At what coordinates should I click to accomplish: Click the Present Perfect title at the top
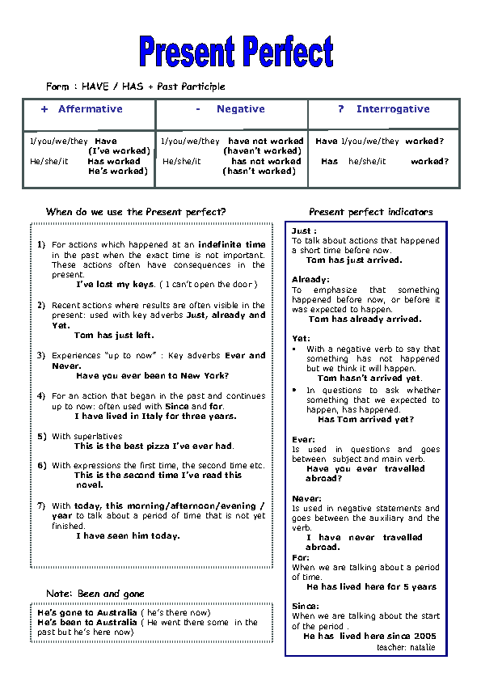pyautogui.click(x=236, y=51)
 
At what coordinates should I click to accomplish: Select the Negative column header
pyautogui.click(x=230, y=109)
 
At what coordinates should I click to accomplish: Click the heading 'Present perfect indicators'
pyautogui.click(x=370, y=212)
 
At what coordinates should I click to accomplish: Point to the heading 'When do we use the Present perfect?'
pyautogui.click(x=136, y=212)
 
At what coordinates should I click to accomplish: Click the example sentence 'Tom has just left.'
pyautogui.click(x=114, y=335)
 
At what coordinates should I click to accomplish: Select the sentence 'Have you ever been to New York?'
pyautogui.click(x=152, y=375)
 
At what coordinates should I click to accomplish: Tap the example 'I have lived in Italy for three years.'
pyautogui.click(x=155, y=417)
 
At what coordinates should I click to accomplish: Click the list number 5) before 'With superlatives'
pyautogui.click(x=42, y=437)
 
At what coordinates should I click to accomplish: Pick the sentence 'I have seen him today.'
pyautogui.click(x=128, y=535)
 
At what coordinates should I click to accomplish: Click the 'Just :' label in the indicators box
pyautogui.click(x=304, y=231)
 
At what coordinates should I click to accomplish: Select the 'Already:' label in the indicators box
pyautogui.click(x=310, y=280)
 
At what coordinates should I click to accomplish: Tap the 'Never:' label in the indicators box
pyautogui.click(x=306, y=499)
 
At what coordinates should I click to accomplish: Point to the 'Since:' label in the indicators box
pyautogui.click(x=306, y=606)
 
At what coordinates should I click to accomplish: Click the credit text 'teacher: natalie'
pyautogui.click(x=406, y=647)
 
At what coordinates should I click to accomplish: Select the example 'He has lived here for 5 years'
pyautogui.click(x=371, y=587)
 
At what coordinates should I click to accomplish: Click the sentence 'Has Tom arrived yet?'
pyautogui.click(x=365, y=420)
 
